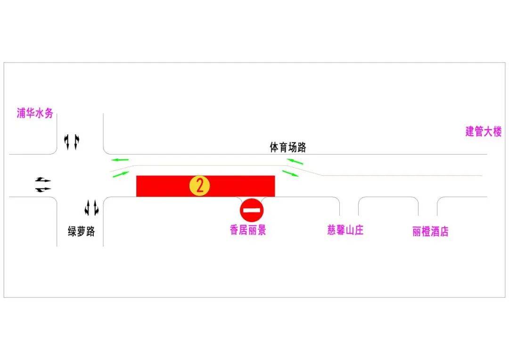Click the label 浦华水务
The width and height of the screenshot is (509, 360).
tap(35, 113)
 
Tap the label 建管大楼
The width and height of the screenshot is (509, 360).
tap(484, 131)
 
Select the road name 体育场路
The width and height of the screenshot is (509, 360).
tap(288, 147)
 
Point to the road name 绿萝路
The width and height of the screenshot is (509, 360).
tap(82, 231)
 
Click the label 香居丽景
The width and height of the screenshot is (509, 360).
tap(248, 230)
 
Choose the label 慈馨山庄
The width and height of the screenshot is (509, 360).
tap(345, 230)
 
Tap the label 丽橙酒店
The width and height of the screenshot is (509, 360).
tap(430, 231)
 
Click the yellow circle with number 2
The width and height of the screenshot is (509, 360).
tap(200, 186)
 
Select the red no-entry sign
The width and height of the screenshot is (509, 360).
tap(252, 210)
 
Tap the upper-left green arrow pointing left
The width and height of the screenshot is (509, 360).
tap(120, 160)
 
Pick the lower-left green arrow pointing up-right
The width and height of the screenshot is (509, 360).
tap(121, 174)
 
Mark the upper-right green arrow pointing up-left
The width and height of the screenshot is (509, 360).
tap(295, 161)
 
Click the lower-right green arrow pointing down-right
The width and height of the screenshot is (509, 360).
tap(290, 173)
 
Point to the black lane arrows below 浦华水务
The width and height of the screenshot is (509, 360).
tap(72, 142)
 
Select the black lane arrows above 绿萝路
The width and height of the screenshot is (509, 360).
tap(91, 208)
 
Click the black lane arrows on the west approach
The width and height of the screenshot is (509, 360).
tap(43, 185)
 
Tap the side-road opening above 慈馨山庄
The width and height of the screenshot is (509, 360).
tap(349, 206)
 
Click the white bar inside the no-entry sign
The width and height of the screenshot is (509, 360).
tap(252, 210)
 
